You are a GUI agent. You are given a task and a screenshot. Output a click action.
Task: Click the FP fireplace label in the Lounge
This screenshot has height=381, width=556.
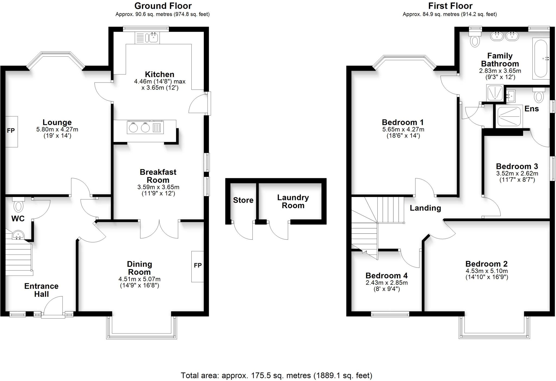11,131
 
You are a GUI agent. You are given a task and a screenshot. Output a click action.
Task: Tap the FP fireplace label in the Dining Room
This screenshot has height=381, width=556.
198,265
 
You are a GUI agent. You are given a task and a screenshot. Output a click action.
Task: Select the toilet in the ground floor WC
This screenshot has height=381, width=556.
18,205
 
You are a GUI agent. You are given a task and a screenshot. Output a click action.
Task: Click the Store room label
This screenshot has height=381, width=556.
243,200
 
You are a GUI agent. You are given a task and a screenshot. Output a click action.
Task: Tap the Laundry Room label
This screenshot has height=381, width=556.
293,201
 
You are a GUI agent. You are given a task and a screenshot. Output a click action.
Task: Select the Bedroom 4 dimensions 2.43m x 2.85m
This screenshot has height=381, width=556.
387,282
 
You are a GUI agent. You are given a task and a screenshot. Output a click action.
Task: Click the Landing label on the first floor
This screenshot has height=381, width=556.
425,208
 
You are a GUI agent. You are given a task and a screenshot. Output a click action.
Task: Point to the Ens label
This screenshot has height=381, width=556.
531,109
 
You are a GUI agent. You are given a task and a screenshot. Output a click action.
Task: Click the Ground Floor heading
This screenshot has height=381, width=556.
163,6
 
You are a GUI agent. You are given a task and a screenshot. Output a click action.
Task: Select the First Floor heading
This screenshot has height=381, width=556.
450,6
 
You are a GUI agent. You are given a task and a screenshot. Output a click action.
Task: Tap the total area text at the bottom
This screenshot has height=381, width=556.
276,376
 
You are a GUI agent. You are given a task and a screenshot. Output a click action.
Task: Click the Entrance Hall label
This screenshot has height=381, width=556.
41,290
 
